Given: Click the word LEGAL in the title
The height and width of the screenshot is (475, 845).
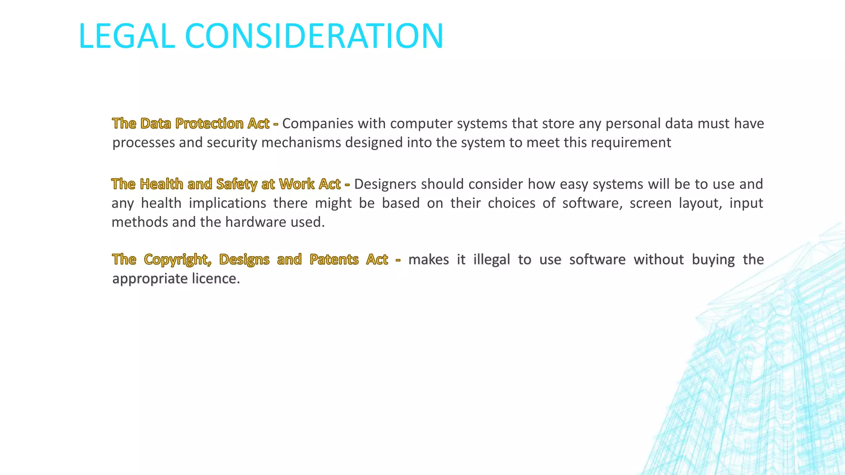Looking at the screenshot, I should [127, 36].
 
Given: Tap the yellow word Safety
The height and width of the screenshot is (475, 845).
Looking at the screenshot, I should [236, 184].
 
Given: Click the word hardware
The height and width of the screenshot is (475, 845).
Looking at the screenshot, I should [256, 222].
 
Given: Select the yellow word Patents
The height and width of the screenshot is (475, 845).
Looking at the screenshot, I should [334, 260].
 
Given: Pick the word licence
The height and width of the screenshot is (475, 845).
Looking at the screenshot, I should [215, 279].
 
